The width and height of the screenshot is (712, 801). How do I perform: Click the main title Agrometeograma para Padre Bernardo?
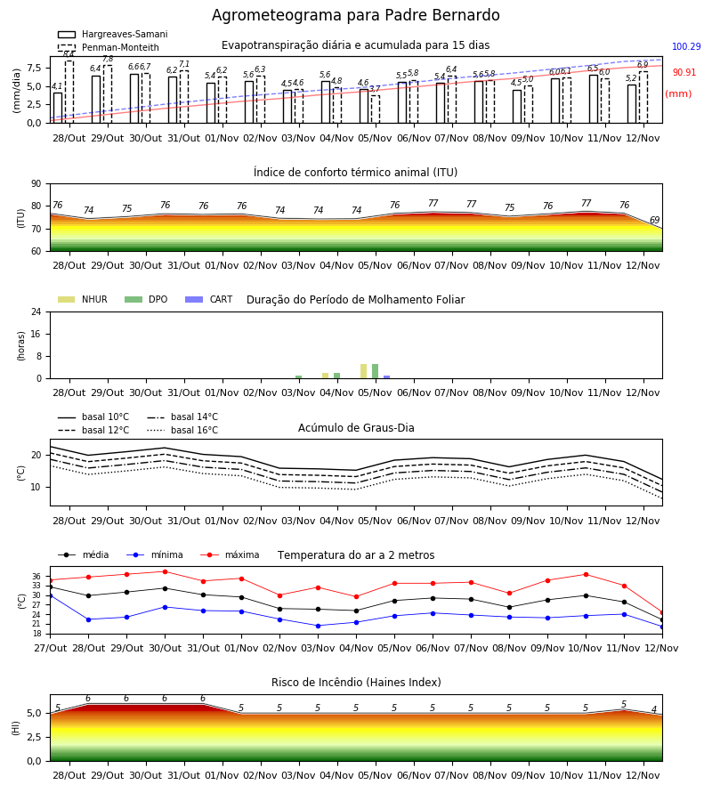(355, 15)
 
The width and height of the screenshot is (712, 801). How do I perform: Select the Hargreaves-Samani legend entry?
(112, 34)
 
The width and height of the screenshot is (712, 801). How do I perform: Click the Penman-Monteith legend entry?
(109, 47)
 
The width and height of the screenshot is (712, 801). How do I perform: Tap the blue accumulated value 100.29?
(686, 46)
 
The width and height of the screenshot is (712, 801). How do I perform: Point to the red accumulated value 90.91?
(684, 73)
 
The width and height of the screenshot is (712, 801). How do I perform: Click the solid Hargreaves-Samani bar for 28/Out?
(58, 108)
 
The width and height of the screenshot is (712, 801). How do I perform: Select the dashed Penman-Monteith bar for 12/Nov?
(643, 98)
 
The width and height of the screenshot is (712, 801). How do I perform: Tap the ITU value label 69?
(654, 220)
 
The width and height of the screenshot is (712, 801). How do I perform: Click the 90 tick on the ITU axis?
(36, 184)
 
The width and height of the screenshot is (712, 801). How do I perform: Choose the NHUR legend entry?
(83, 299)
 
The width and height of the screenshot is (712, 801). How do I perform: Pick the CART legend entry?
(209, 299)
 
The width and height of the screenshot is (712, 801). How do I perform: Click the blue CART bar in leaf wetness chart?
(386, 377)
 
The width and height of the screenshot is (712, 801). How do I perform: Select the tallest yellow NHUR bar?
(364, 371)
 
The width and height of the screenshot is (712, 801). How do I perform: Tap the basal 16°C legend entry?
(182, 430)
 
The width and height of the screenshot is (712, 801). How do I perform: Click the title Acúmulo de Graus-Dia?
(356, 428)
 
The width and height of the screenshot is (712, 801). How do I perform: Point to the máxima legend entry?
(230, 554)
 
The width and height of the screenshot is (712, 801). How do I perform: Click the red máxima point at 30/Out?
(165, 571)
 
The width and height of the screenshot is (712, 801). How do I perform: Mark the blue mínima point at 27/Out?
(50, 595)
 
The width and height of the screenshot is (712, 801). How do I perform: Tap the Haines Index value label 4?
(654, 709)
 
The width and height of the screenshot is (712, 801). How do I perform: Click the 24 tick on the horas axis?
(36, 311)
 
